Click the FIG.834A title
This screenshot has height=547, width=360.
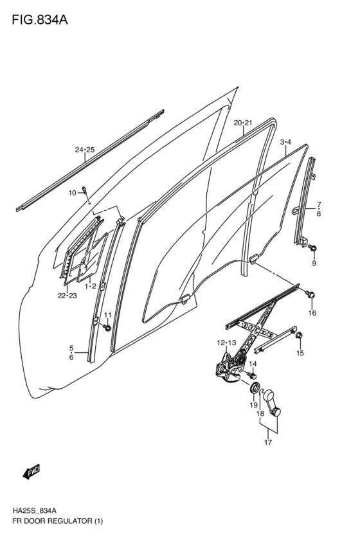(39, 19)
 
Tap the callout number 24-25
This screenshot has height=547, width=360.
(84, 150)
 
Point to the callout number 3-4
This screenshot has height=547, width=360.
(285, 141)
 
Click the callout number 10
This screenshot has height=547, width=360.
(72, 192)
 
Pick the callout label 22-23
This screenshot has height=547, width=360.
(67, 295)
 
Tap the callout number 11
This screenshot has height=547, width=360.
(107, 314)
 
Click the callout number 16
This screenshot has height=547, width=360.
(312, 313)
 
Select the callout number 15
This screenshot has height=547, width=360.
(300, 353)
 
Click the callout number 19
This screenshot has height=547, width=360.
(253, 405)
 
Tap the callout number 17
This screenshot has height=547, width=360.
(268, 442)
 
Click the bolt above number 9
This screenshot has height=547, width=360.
(313, 247)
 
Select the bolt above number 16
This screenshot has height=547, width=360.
(311, 294)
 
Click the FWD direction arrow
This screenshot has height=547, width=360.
(31, 472)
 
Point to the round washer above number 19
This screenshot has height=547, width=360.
(255, 388)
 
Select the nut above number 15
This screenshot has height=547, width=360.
(299, 336)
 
